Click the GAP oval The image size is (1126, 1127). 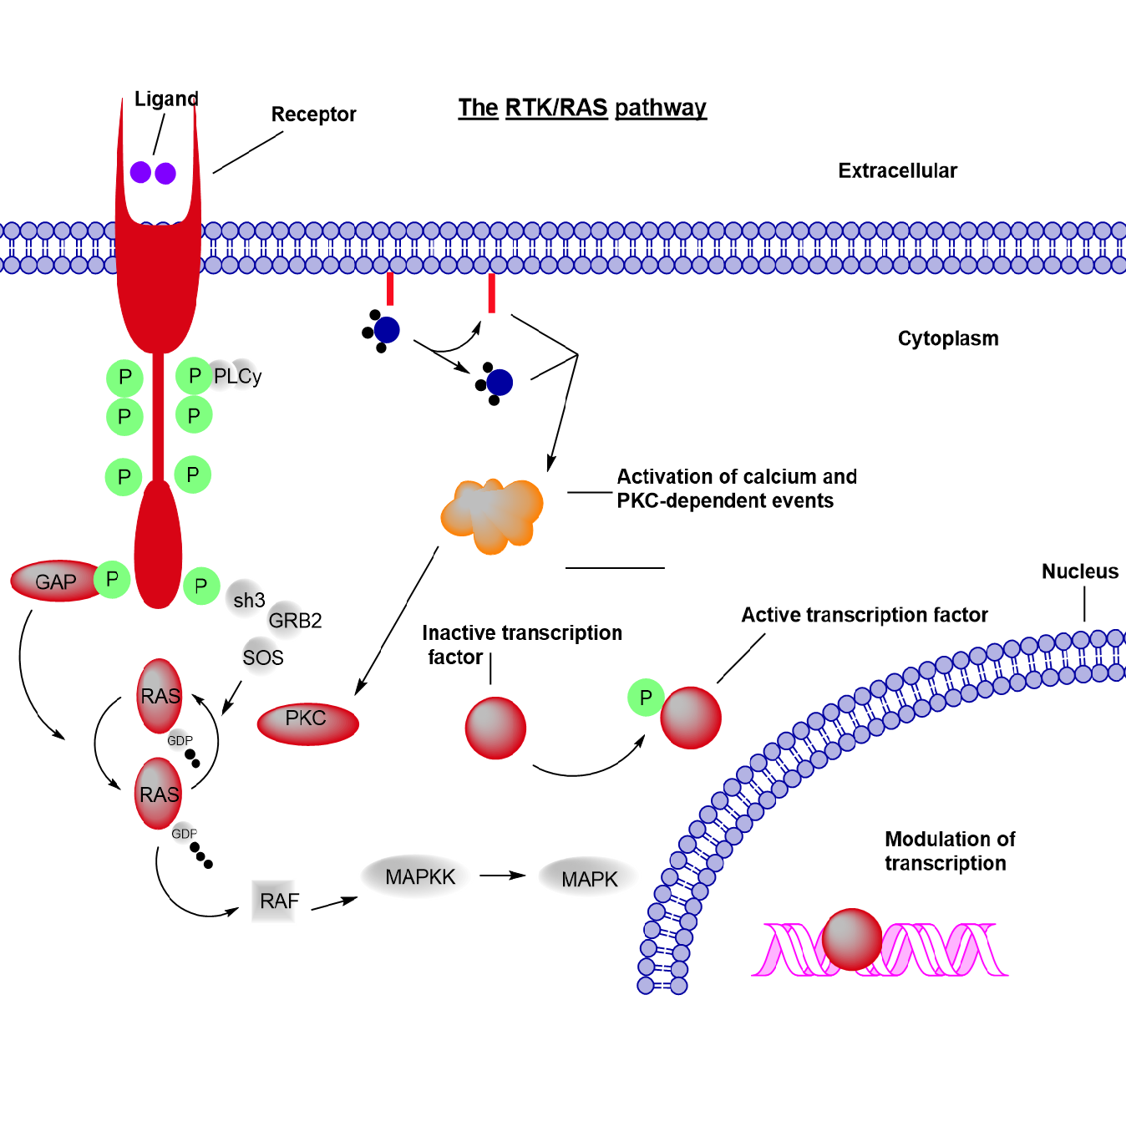pyautogui.click(x=55, y=581)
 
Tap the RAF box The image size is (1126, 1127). pyautogui.click(x=277, y=901)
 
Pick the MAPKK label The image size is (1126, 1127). pyautogui.click(x=419, y=876)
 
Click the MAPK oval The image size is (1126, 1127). pyautogui.click(x=589, y=878)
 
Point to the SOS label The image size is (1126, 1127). pyautogui.click(x=262, y=657)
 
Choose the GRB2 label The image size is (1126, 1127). pyautogui.click(x=294, y=620)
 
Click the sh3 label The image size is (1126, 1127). pyautogui.click(x=249, y=600)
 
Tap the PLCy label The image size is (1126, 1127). pyautogui.click(x=237, y=376)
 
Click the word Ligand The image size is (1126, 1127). pyautogui.click(x=166, y=99)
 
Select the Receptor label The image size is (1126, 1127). pyautogui.click(x=313, y=114)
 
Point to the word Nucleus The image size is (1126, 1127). pyautogui.click(x=1079, y=571)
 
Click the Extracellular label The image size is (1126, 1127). pyautogui.click(x=897, y=170)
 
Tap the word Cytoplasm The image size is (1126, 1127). pyautogui.click(x=948, y=338)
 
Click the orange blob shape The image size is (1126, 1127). pyautogui.click(x=492, y=514)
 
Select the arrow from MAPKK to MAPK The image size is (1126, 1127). pyautogui.click(x=502, y=876)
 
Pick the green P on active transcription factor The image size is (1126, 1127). pyautogui.click(x=646, y=698)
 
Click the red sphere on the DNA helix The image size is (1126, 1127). pyautogui.click(x=851, y=939)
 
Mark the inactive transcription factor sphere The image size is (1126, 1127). pyautogui.click(x=495, y=728)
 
